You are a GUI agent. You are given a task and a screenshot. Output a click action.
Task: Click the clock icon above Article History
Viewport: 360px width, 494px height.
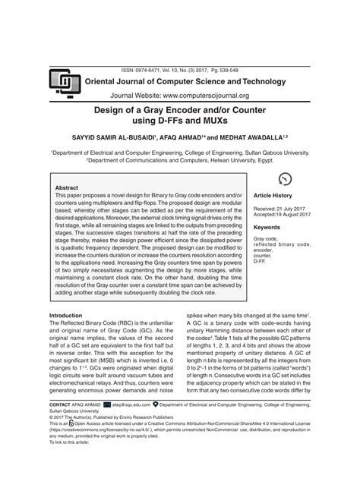click(285, 179)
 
